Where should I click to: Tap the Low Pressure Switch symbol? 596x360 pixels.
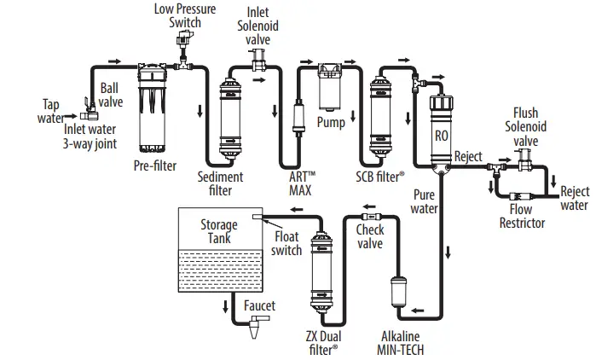pos(181,49)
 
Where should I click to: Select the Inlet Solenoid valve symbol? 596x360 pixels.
pos(255,57)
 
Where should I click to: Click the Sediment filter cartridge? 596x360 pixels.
pos(230,119)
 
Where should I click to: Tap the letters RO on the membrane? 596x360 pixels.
pos(442,134)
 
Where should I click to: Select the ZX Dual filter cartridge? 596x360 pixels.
pos(322,273)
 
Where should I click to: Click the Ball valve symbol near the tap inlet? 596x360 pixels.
pos(88,106)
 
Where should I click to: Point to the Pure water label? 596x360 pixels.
pos(424,201)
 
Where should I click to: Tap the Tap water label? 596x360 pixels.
pos(52,111)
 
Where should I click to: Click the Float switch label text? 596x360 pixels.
pos(286,244)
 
